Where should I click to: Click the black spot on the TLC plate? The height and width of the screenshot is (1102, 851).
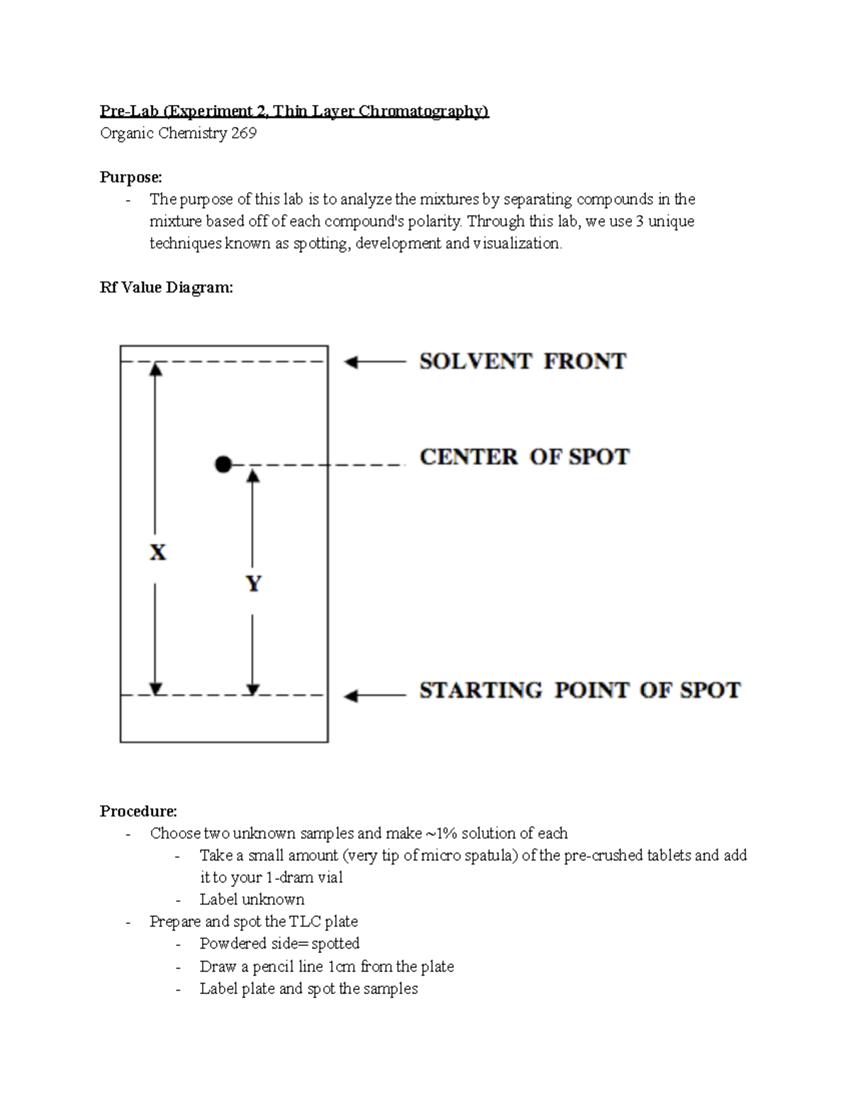tap(223, 465)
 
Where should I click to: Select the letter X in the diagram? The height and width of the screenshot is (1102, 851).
tap(158, 552)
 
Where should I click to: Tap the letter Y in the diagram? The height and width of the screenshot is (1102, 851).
tap(253, 583)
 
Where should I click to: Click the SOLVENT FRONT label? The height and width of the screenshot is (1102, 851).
tap(523, 361)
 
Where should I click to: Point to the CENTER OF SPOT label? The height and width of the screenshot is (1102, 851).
tap(524, 457)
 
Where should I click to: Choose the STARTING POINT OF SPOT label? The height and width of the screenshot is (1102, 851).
tap(579, 690)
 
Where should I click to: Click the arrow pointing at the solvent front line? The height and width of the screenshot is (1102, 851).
tap(374, 363)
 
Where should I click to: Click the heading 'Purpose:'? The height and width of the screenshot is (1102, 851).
tap(131, 177)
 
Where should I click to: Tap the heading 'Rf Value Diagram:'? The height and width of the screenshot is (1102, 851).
tap(166, 287)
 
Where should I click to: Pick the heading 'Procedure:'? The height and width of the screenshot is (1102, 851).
tap(138, 811)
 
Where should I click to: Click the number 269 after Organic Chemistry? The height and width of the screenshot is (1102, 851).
tap(243, 133)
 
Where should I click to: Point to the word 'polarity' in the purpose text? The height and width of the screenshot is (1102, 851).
tap(434, 221)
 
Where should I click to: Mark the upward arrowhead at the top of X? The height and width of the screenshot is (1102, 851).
tap(156, 368)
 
